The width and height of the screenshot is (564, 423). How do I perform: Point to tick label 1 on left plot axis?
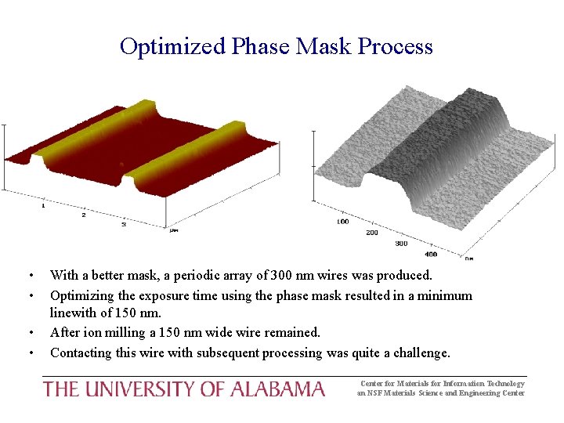point(42,205)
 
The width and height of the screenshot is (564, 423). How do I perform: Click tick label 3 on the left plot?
point(124,224)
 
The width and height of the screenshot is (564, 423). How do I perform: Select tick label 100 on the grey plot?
point(342,222)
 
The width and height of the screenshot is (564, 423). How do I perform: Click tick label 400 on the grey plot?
point(430,254)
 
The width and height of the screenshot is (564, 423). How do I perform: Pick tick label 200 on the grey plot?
point(371,233)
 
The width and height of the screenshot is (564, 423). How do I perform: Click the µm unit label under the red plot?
point(174,230)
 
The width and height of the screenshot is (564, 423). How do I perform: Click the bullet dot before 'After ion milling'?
point(30,334)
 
